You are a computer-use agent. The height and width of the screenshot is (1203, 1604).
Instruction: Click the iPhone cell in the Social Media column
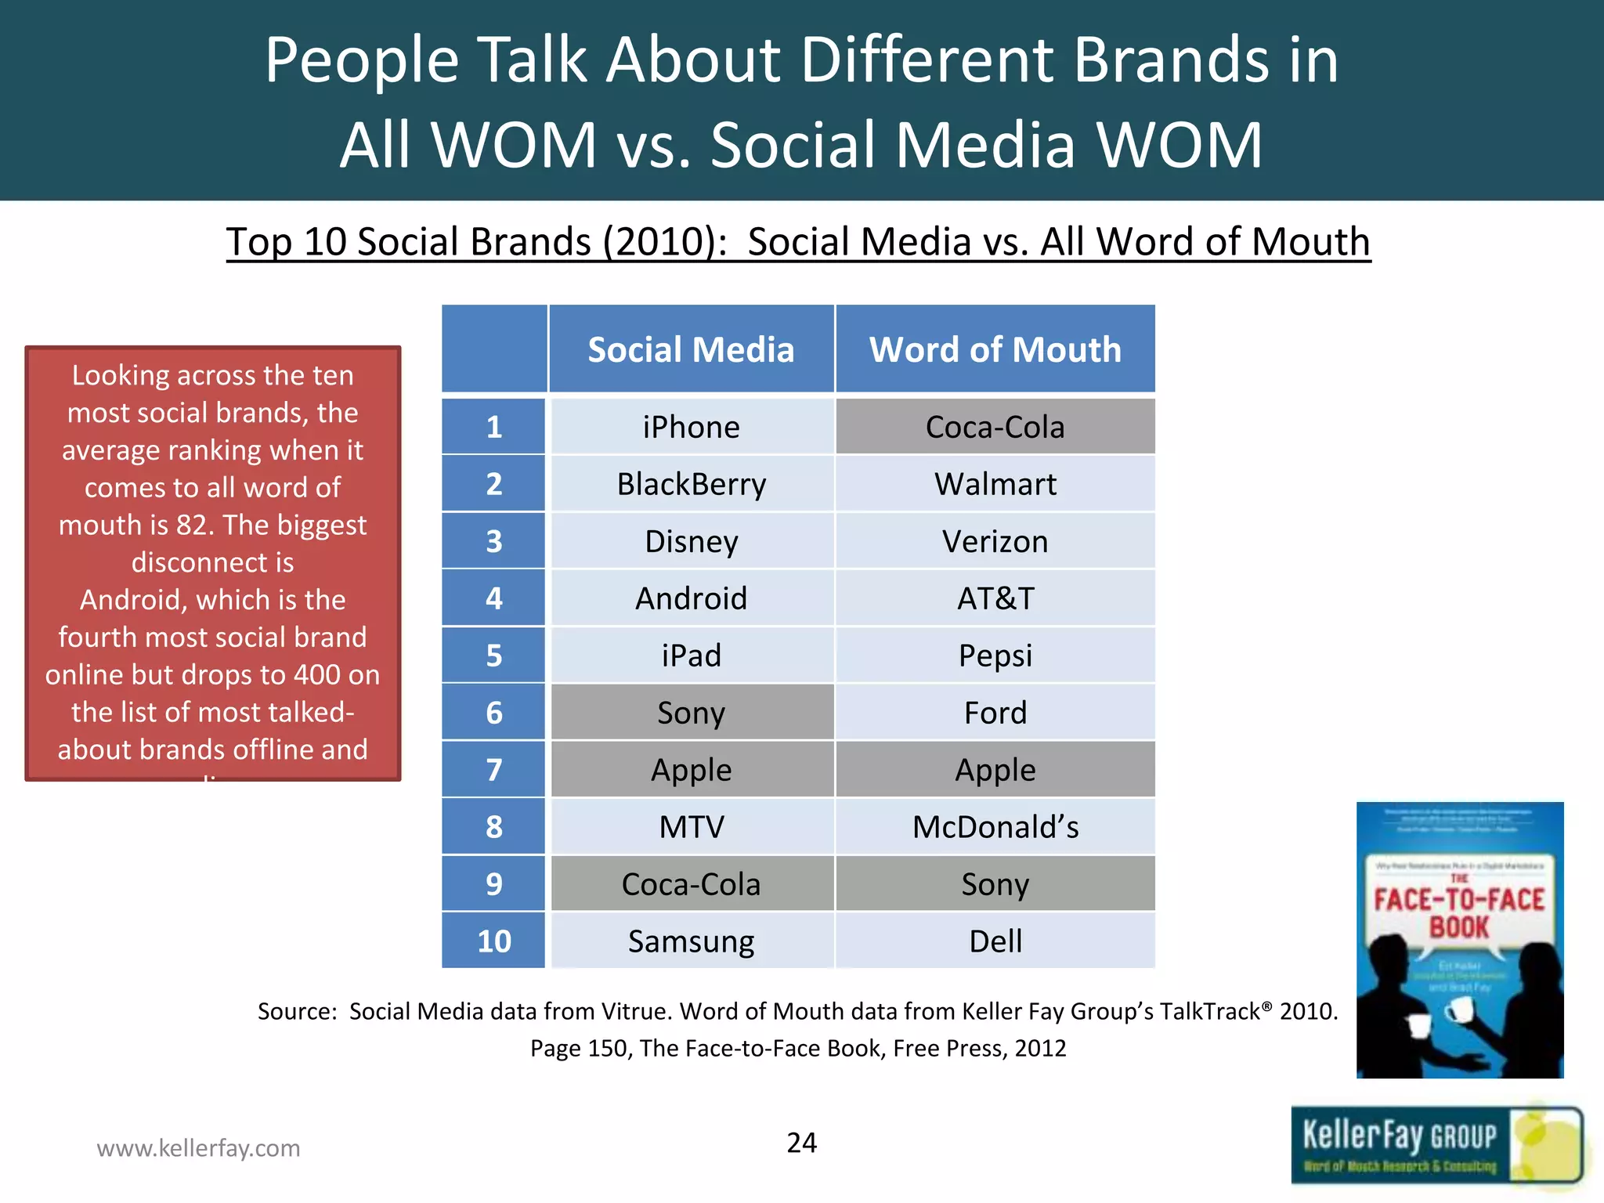[x=692, y=428]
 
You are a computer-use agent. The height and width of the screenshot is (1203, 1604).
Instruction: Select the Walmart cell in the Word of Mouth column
[x=995, y=484]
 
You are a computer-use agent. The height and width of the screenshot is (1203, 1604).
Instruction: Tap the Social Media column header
[x=692, y=349]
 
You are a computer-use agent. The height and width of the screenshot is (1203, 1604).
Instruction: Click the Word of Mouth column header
[x=995, y=349]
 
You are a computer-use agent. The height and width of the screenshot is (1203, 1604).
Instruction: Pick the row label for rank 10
[x=493, y=941]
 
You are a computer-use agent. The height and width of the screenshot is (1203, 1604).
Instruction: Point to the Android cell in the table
[x=692, y=598]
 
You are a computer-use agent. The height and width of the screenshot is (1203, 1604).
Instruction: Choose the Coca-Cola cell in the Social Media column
[x=692, y=884]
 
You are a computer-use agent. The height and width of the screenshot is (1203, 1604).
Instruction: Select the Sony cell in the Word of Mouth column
[x=995, y=884]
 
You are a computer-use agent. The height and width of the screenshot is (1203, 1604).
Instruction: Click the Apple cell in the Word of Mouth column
[x=995, y=770]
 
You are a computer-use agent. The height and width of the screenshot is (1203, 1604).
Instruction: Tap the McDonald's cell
[x=995, y=827]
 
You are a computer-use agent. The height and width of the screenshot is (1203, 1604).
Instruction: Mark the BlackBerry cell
[x=692, y=484]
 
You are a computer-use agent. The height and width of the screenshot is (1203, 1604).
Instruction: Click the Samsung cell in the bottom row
[x=692, y=941]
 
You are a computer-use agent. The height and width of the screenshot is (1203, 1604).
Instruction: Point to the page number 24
[x=801, y=1143]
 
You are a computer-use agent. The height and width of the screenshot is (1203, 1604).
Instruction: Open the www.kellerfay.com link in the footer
[x=198, y=1148]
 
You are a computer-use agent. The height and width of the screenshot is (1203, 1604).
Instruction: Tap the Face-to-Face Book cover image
[x=1460, y=940]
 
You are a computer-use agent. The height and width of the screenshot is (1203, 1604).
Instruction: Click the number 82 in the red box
[x=192, y=525]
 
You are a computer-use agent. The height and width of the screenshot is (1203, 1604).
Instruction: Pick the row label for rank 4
[x=493, y=598]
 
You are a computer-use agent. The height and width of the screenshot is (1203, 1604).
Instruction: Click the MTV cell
[x=692, y=827]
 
